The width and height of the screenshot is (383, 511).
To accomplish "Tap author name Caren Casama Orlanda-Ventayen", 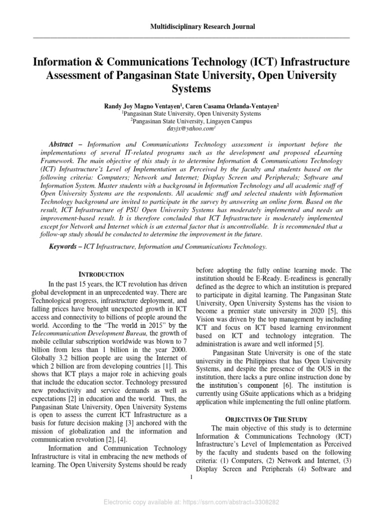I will click(x=231, y=106).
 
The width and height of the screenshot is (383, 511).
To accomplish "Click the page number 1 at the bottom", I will click(x=191, y=479).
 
